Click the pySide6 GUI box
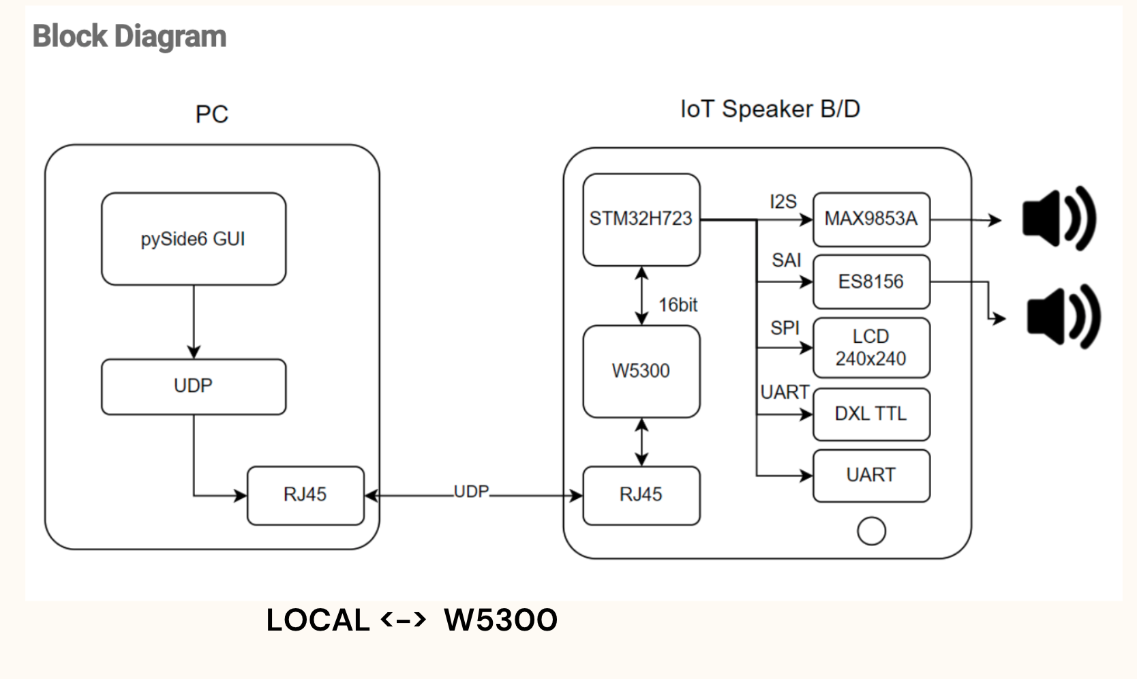[194, 239]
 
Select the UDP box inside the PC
[194, 387]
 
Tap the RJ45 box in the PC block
[305, 495]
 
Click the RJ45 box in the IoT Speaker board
[641, 495]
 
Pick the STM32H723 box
[641, 220]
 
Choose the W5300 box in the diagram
[641, 371]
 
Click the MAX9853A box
[870, 219]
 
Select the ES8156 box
[870, 282]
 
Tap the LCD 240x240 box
[870, 348]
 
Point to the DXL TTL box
[870, 414]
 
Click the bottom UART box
[870, 475]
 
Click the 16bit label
[678, 305]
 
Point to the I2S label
[783, 202]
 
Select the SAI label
[786, 260]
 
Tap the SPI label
[785, 328]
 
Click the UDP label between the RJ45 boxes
[471, 492]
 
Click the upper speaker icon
[1058, 219]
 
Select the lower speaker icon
[1063, 317]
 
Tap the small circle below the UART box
[871, 531]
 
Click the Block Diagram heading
[130, 36]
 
